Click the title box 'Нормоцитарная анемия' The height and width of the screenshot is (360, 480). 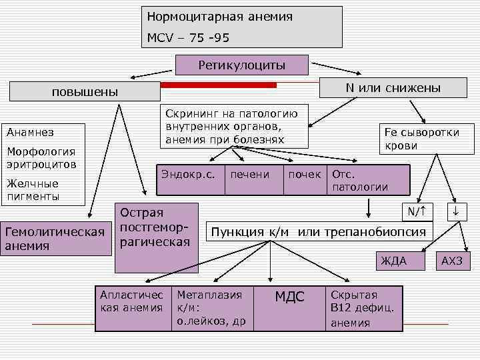[x=243, y=27]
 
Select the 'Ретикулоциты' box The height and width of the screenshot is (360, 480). [x=241, y=65]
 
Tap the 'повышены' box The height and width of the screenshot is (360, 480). [x=84, y=92]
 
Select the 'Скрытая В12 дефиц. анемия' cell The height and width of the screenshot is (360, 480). [x=364, y=308]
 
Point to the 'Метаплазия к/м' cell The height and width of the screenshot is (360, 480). [x=211, y=308]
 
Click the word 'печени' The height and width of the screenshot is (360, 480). [x=249, y=175]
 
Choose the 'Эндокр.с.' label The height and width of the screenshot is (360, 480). [x=187, y=175]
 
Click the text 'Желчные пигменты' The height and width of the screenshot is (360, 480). [x=33, y=189]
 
